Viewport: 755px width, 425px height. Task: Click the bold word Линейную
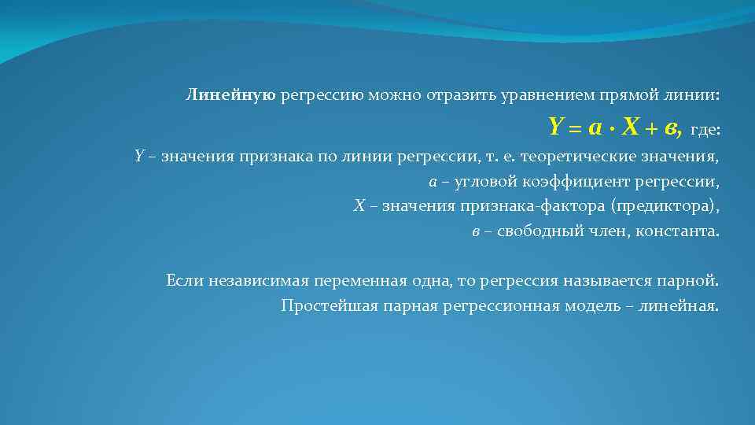tap(230, 96)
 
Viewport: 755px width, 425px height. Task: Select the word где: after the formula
tap(705, 128)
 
